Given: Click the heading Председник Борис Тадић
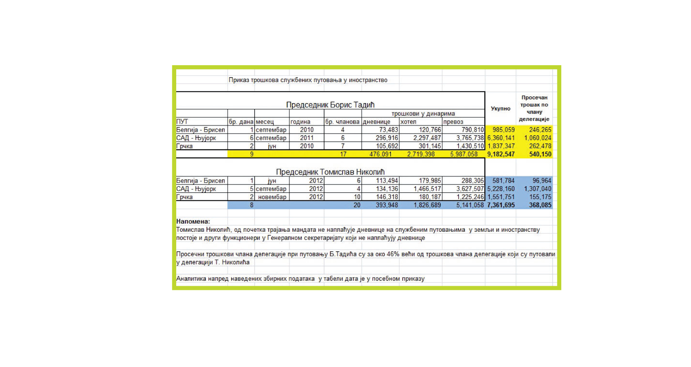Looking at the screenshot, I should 330,105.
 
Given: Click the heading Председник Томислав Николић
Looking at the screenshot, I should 330,172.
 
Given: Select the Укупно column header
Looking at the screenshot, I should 500,108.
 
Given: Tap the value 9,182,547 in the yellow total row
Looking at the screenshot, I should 501,154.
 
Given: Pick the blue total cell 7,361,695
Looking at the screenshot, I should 501,205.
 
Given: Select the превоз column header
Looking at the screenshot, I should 453,121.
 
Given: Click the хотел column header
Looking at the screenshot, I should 408,121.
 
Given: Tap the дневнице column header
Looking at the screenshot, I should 377,121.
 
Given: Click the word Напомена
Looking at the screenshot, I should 193,221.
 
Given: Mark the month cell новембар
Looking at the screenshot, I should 272,197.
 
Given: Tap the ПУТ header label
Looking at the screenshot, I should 182,121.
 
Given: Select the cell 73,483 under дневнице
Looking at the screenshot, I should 388,130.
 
